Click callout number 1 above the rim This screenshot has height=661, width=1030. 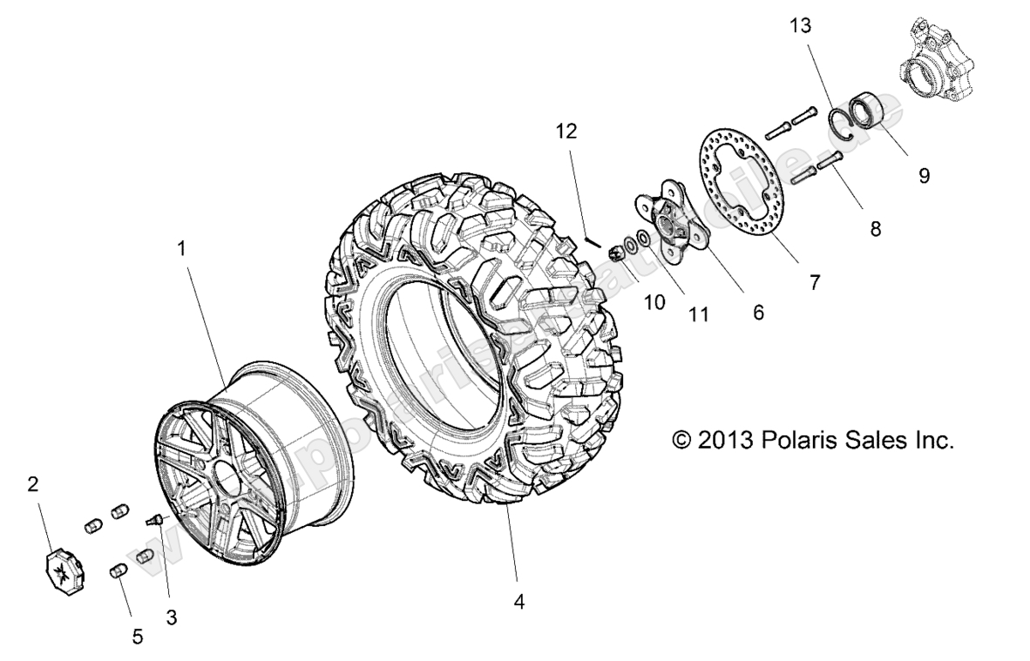click(x=181, y=248)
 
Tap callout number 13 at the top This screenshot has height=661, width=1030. click(x=800, y=26)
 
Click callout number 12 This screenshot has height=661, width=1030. click(x=566, y=132)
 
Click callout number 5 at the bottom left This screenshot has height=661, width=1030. click(x=137, y=637)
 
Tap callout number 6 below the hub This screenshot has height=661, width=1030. click(x=758, y=312)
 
